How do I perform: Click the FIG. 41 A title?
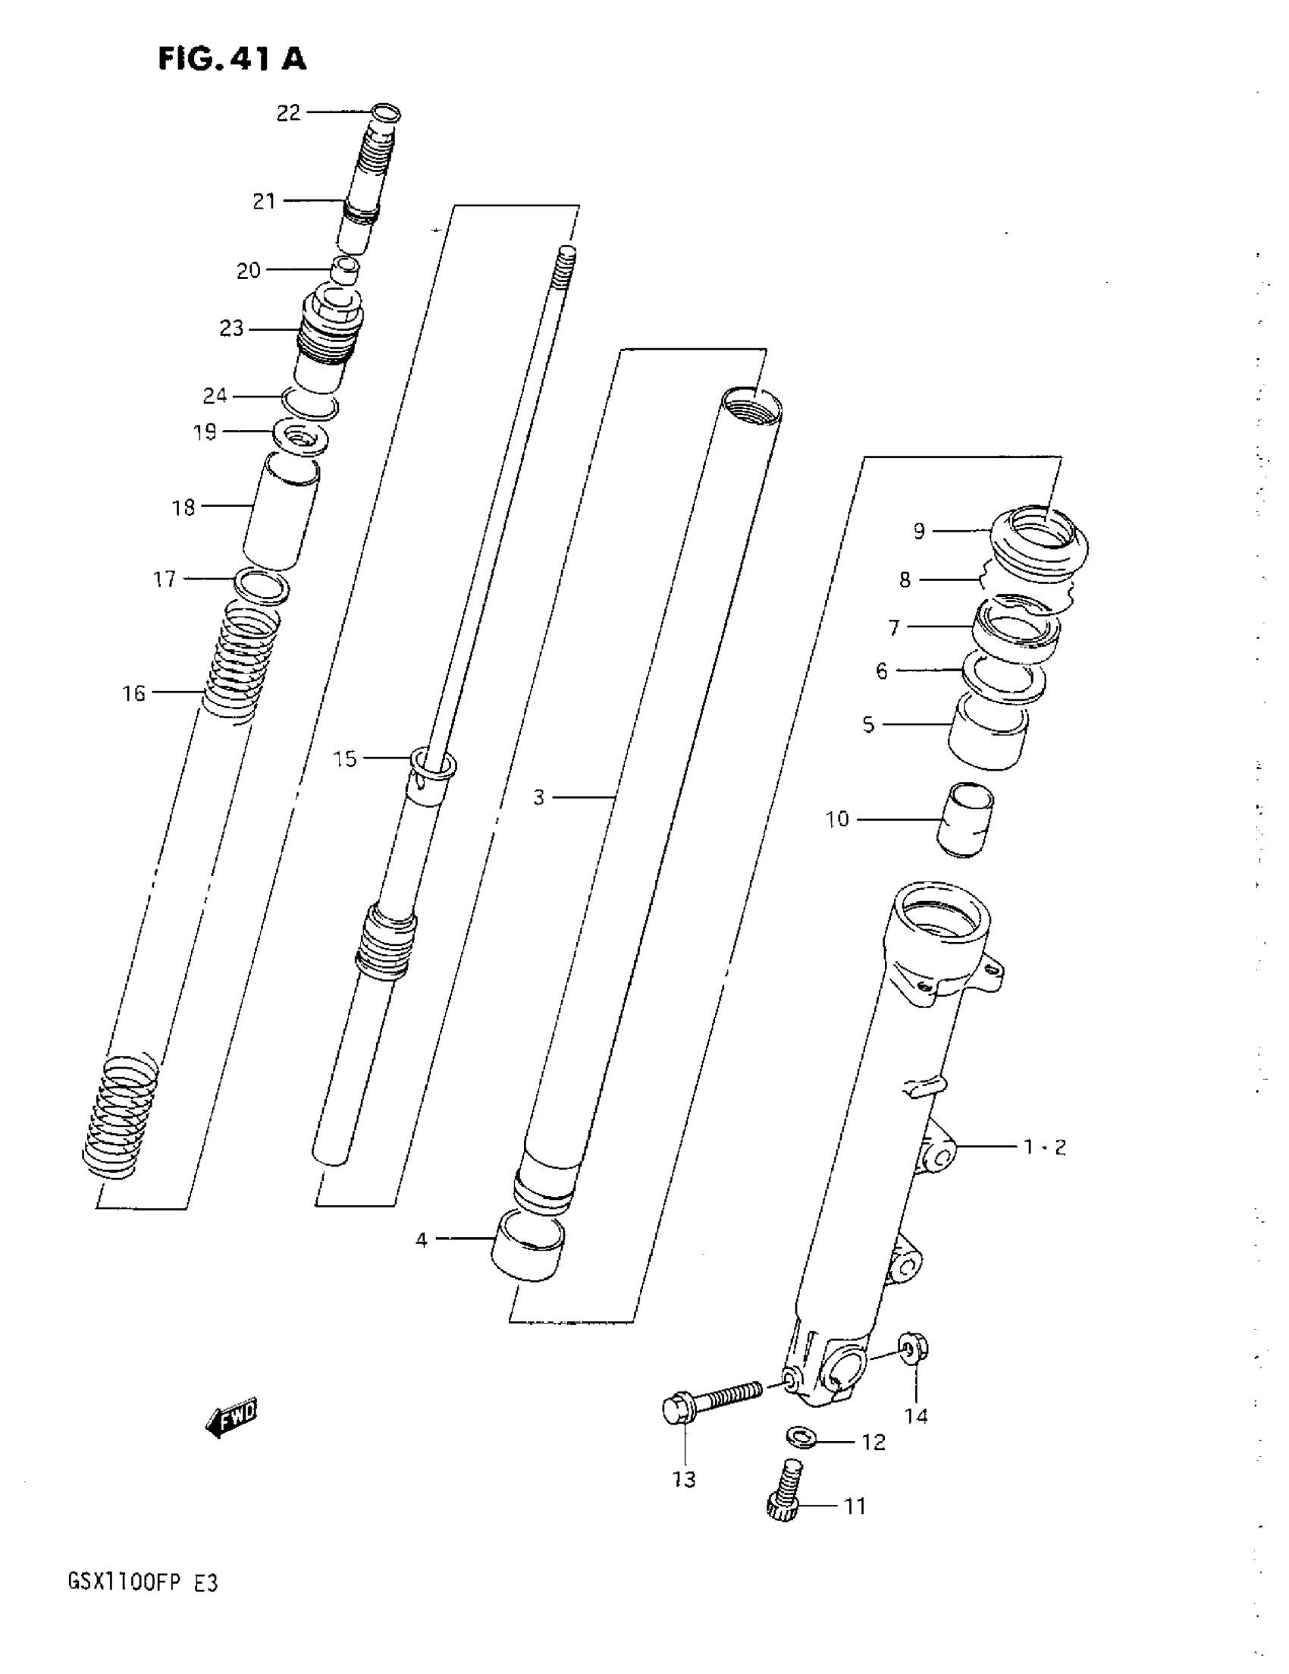coord(232,58)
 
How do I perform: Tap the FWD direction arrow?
coord(232,1415)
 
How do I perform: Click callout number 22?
coord(288,114)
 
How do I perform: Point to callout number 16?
coord(134,694)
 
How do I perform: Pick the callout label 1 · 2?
coord(1046,1148)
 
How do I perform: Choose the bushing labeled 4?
coord(527,1245)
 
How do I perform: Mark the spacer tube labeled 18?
coord(281,512)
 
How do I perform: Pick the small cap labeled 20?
coord(345,272)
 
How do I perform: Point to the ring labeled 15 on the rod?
coord(434,764)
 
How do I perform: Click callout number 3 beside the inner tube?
coord(539,798)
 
